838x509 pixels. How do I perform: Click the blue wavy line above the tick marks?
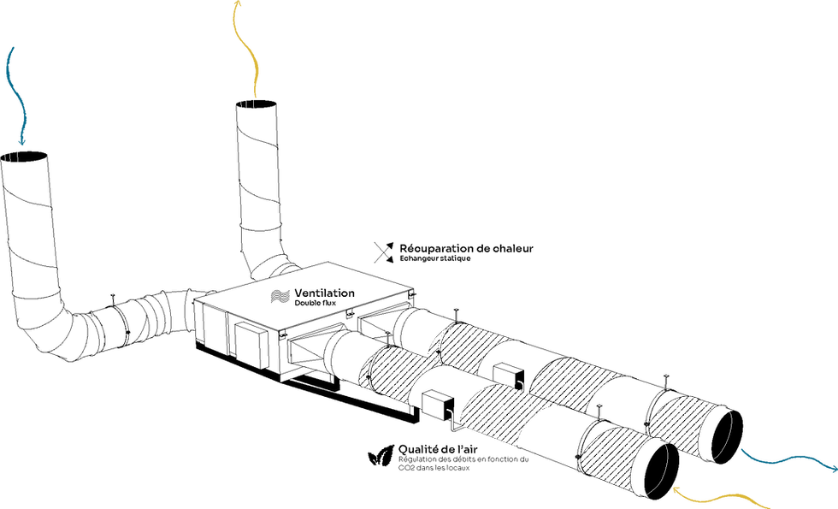pyautogui.click(x=15, y=90)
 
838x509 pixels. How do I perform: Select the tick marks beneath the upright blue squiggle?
pyautogui.click(x=11, y=157)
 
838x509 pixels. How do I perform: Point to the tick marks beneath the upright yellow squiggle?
pyautogui.click(x=248, y=106)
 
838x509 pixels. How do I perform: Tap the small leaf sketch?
pyautogui.click(x=382, y=455)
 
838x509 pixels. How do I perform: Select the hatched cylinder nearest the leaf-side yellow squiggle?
pyautogui.click(x=617, y=458)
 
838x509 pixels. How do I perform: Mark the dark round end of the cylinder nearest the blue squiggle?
pyautogui.click(x=721, y=435)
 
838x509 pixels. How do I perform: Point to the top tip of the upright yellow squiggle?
pyautogui.click(x=237, y=5)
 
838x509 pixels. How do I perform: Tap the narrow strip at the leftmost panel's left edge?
pyautogui.click(x=364, y=373)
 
